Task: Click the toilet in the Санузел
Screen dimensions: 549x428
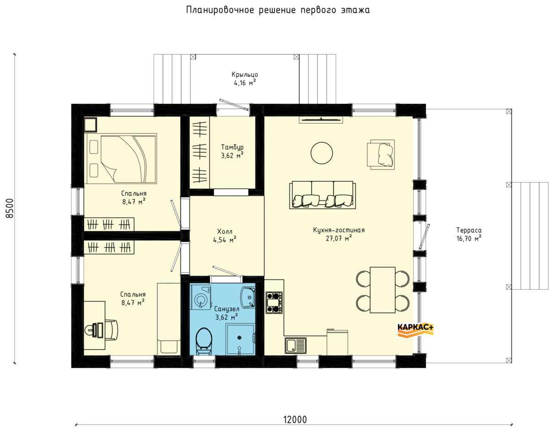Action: (x=204, y=341)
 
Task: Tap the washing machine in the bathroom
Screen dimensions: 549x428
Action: (x=200, y=297)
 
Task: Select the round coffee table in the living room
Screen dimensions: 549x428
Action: (x=322, y=153)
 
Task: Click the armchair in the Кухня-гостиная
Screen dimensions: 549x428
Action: (x=381, y=154)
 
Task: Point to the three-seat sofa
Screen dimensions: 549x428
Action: (x=323, y=195)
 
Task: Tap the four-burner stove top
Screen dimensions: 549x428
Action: (x=274, y=303)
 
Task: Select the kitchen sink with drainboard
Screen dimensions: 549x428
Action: (x=296, y=345)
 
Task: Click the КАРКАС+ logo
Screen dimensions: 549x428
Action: (x=415, y=330)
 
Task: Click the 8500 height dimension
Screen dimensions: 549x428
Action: (x=9, y=208)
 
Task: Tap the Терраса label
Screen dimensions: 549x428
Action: (x=468, y=230)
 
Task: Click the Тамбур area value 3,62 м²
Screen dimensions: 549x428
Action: (x=232, y=155)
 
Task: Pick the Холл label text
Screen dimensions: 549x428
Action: (x=225, y=231)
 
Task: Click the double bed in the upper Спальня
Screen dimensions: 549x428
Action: (x=120, y=158)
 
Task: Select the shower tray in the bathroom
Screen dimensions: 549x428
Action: (x=240, y=339)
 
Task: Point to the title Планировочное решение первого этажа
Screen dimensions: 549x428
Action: (x=278, y=10)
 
